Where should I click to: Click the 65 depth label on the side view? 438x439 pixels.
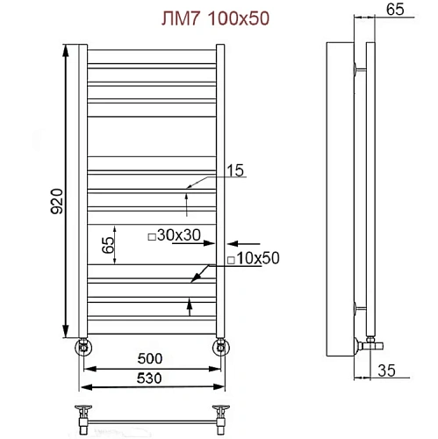394,11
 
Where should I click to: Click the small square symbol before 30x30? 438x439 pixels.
150,235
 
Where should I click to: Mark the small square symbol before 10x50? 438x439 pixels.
229,260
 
